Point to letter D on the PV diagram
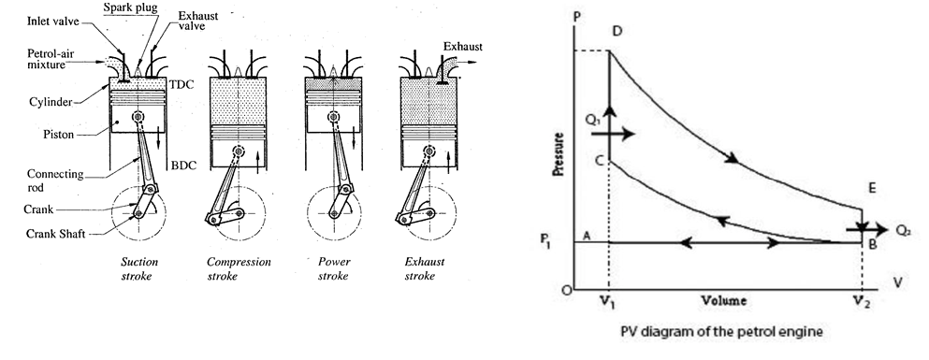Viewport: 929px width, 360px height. click(617, 32)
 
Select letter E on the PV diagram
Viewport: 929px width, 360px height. click(871, 189)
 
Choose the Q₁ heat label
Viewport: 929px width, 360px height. click(591, 120)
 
